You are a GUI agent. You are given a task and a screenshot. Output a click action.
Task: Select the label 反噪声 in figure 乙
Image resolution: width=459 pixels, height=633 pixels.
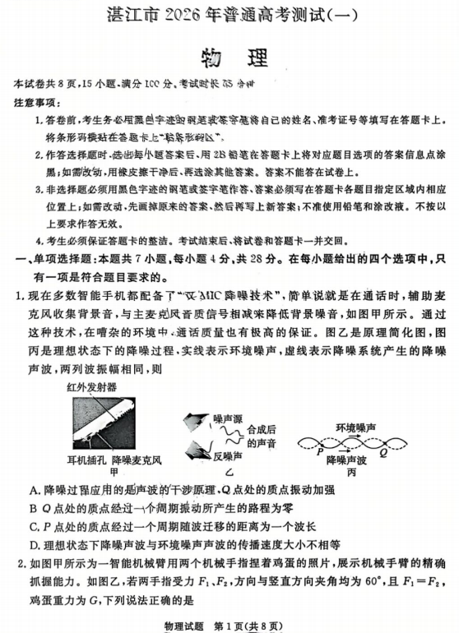227,455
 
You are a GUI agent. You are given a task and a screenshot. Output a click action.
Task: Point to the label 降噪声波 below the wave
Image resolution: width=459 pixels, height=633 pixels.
346,460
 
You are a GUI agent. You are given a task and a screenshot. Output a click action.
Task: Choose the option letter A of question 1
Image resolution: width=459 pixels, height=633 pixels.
32,490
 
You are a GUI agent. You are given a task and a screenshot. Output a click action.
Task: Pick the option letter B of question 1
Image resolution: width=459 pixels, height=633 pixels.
32,508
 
